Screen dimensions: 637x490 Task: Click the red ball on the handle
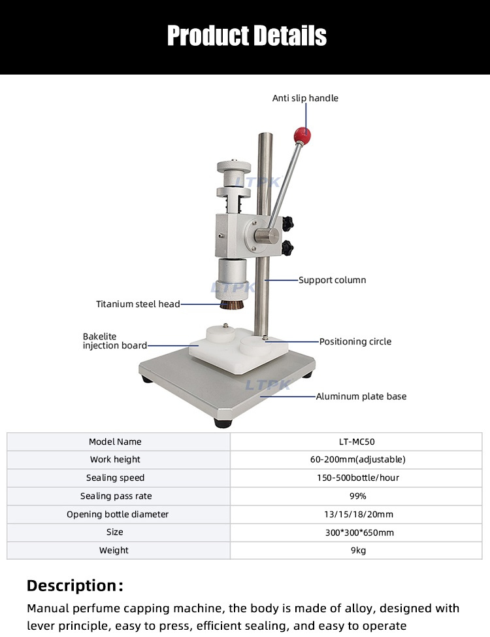301,135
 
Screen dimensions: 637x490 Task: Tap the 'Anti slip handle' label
305,98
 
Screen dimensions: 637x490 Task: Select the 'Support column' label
332,280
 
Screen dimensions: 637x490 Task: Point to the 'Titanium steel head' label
138,304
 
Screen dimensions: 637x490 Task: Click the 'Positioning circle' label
355,341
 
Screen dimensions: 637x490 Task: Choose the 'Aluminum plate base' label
361,396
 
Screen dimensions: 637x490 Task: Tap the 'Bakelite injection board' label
114,341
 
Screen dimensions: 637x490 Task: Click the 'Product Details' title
246,35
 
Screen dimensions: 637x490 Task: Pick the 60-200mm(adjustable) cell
357,460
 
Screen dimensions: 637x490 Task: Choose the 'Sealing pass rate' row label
116,496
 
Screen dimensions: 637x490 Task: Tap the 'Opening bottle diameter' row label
117,514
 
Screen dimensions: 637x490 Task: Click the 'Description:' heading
74,585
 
